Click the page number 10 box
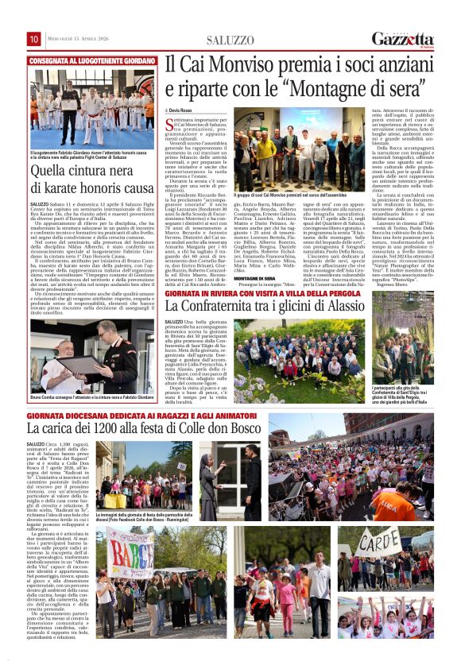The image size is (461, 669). [x=34, y=39]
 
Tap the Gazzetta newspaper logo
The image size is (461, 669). [x=403, y=39]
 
